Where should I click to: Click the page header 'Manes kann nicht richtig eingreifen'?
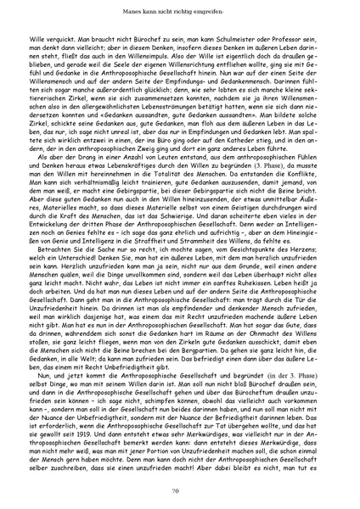pyautogui.click(x=179, y=12)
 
